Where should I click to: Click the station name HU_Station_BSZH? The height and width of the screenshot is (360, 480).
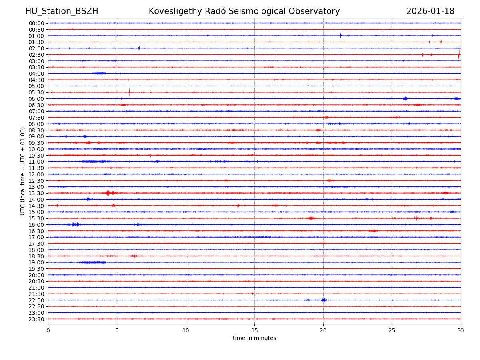coord(62,11)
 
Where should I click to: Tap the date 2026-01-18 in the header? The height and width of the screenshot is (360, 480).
coord(430,11)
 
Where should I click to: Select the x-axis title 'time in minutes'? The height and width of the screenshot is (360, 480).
coord(254,338)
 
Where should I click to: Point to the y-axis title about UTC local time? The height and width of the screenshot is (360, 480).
coord(23,171)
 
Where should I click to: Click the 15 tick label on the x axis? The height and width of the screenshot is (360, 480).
coord(254,330)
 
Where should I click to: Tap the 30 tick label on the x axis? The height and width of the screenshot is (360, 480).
coord(460,330)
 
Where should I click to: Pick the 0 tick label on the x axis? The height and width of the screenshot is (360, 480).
coord(48,330)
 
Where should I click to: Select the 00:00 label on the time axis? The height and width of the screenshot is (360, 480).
coord(36,23)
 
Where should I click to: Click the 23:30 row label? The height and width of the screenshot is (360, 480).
coord(36,319)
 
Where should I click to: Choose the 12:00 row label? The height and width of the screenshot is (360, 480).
coord(36,174)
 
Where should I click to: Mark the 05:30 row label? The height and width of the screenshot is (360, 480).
coord(36,92)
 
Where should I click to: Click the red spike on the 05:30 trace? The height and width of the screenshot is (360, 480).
coord(129,92)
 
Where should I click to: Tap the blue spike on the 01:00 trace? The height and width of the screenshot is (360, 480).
coord(340,36)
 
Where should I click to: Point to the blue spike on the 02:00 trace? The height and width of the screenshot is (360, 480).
coord(139,48)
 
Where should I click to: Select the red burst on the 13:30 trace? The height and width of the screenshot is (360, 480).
coord(108,193)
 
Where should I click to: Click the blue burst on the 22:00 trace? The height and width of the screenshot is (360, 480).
coord(324,300)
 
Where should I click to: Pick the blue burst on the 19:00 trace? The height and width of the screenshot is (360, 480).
coord(93,262)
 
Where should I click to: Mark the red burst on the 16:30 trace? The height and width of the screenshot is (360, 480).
coord(373,231)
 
